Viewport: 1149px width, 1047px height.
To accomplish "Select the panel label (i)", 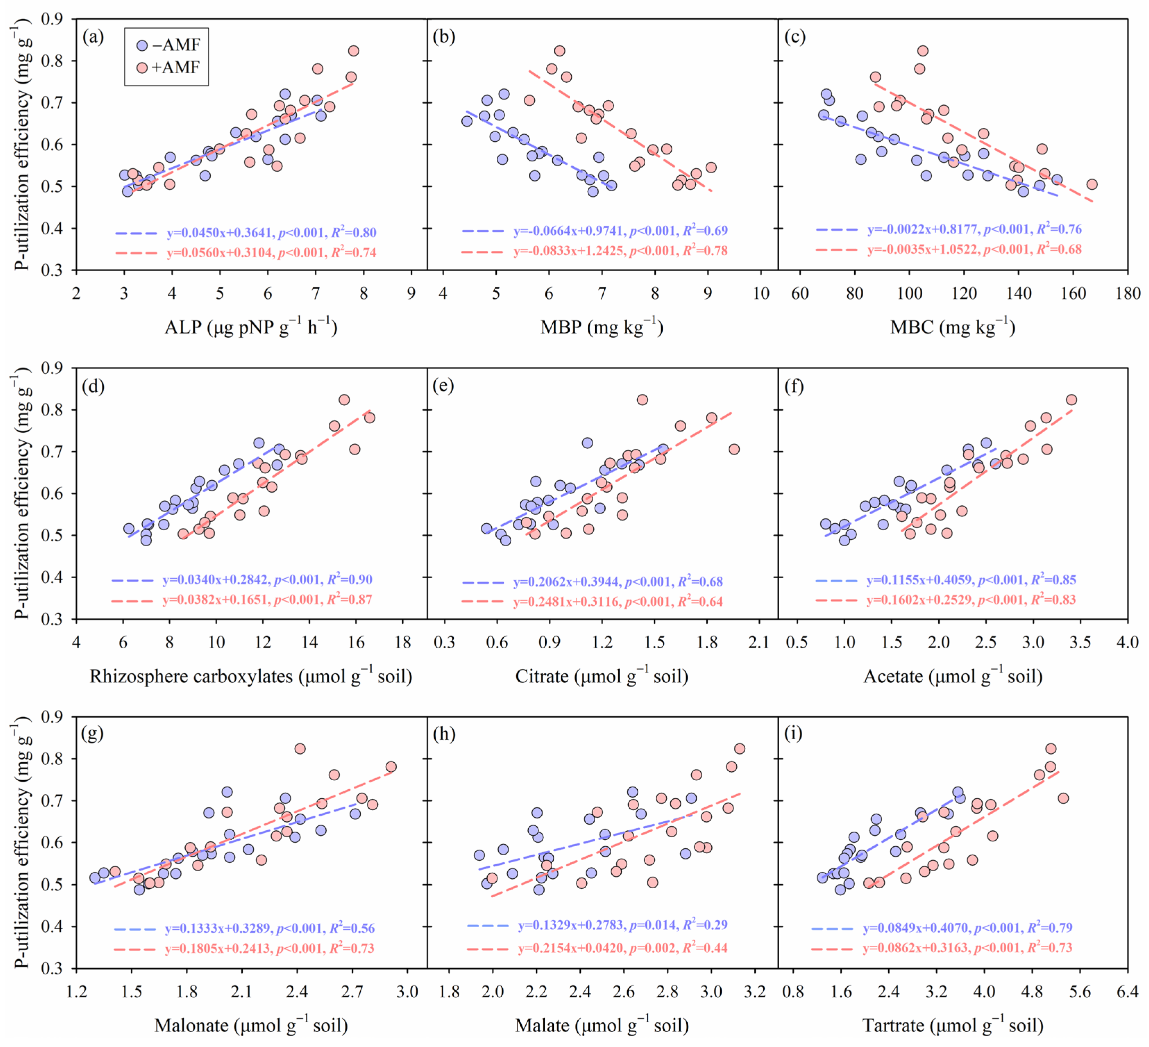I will (x=793, y=734).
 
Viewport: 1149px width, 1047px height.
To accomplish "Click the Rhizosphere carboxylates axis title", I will (x=251, y=676).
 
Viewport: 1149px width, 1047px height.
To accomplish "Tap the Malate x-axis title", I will (x=602, y=1025).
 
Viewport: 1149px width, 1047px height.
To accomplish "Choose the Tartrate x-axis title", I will (x=953, y=1025).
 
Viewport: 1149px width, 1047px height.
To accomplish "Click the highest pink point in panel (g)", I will (x=300, y=749).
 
